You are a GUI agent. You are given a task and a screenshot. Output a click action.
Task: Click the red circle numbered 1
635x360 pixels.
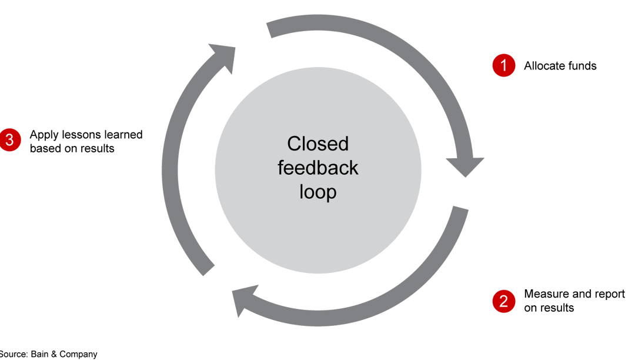pos(503,66)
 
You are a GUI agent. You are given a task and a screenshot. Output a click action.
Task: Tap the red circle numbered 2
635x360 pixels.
pos(503,302)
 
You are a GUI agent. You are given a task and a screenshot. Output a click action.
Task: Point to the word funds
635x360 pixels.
pos(583,66)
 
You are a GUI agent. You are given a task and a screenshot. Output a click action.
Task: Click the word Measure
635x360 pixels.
pos(546,294)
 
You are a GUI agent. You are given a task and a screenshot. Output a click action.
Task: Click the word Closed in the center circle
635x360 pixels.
pos(318,144)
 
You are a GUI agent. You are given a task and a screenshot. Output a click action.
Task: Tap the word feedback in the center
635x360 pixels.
pos(318,168)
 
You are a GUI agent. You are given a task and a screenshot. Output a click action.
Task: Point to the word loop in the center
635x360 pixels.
pos(318,192)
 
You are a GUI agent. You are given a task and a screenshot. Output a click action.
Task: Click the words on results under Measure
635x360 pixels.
pos(549,308)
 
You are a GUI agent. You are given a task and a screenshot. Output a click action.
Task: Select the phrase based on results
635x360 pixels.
pos(72,148)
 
